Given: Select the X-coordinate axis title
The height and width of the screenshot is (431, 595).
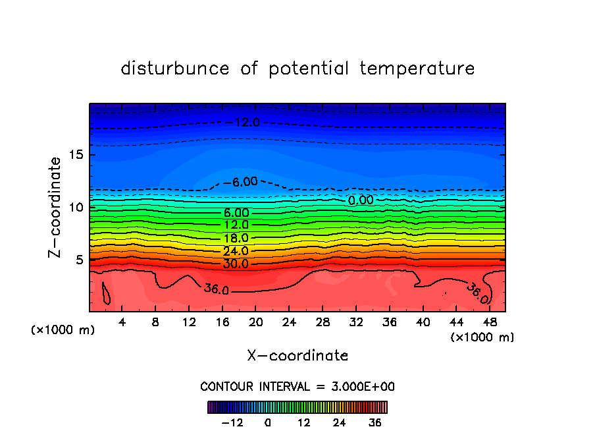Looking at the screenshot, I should point(297,356).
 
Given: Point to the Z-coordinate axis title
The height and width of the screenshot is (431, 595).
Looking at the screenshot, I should point(55,207).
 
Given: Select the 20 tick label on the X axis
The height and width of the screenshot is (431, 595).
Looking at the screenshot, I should point(256,322).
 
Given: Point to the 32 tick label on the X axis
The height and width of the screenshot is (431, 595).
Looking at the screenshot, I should point(356,322).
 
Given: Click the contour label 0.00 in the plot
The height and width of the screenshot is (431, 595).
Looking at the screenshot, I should point(361,200).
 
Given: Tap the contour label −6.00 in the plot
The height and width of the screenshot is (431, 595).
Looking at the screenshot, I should point(240,182).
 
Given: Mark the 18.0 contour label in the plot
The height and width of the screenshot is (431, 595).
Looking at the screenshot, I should point(236,238).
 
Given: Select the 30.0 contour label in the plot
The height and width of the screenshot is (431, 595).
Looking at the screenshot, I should point(236,264).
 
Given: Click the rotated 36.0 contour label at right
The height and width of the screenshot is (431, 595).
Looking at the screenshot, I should point(477,293).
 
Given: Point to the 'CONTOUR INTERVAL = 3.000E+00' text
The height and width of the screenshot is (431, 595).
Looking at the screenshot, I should point(297,387).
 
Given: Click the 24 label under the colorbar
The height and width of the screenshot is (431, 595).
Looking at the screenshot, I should point(340,422).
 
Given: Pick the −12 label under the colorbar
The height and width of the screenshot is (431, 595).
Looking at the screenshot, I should point(232,422).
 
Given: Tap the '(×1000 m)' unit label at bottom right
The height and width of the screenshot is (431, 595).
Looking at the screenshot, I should point(482,337).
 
